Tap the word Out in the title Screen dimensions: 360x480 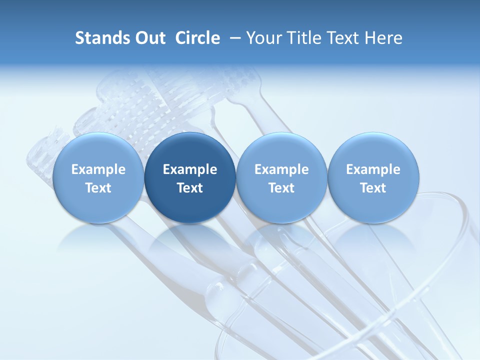(x=149, y=38)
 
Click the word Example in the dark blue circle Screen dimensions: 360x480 (x=190, y=169)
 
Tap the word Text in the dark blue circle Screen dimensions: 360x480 (x=190, y=188)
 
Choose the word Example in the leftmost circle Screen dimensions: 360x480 (x=98, y=169)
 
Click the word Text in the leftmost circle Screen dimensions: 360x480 (x=98, y=188)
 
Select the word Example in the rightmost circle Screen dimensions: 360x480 (x=373, y=169)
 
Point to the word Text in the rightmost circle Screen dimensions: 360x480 (x=373, y=188)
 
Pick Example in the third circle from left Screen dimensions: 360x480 (x=281, y=169)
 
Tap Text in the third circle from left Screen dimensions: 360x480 (x=281, y=188)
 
